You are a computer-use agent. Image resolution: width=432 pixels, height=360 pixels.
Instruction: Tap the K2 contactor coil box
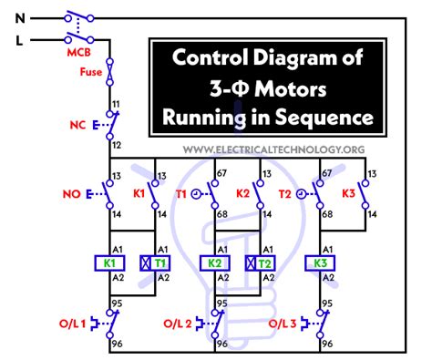214,262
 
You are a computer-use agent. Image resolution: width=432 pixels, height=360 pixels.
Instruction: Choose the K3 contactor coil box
322,262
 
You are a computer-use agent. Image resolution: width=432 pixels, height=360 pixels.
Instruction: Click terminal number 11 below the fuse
113,106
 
